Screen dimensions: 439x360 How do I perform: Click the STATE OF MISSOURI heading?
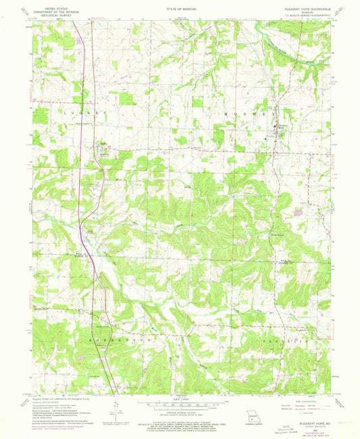click(180, 5)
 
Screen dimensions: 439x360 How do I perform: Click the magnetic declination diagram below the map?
click(117, 409)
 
